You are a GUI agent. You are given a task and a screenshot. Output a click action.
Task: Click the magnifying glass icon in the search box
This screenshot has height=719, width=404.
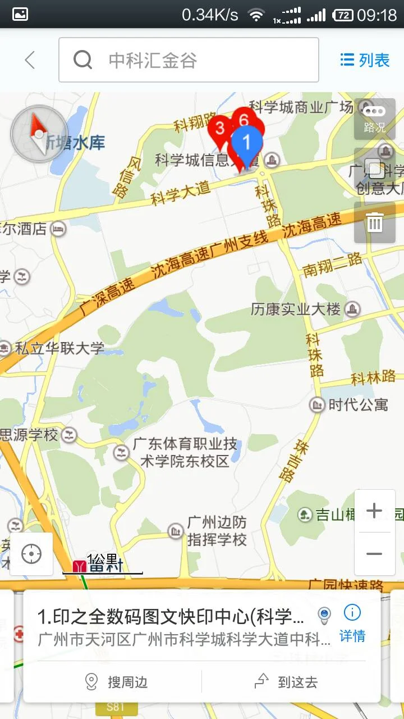pos(83,60)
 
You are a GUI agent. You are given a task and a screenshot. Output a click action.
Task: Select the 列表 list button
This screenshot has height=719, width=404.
pos(365,60)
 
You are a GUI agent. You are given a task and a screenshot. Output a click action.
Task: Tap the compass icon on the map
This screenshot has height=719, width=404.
pos(38,134)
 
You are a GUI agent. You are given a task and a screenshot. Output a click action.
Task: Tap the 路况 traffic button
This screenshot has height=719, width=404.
pos(374,119)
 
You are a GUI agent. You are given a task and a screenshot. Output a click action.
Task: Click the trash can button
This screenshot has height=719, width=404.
pos(374,223)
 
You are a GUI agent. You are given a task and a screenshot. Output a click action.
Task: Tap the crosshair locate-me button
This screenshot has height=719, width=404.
pos(31,554)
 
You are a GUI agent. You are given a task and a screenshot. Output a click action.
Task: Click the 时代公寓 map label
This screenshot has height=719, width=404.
pos(357,404)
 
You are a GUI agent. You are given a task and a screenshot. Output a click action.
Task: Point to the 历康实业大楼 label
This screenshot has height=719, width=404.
pos(296,309)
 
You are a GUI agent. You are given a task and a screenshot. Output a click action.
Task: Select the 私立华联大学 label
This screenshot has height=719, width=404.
pos(59,348)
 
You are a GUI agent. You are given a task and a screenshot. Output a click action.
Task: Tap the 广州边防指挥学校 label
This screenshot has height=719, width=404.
pos(217,531)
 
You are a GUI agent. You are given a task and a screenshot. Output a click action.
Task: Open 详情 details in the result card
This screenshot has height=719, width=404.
pos(352,624)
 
